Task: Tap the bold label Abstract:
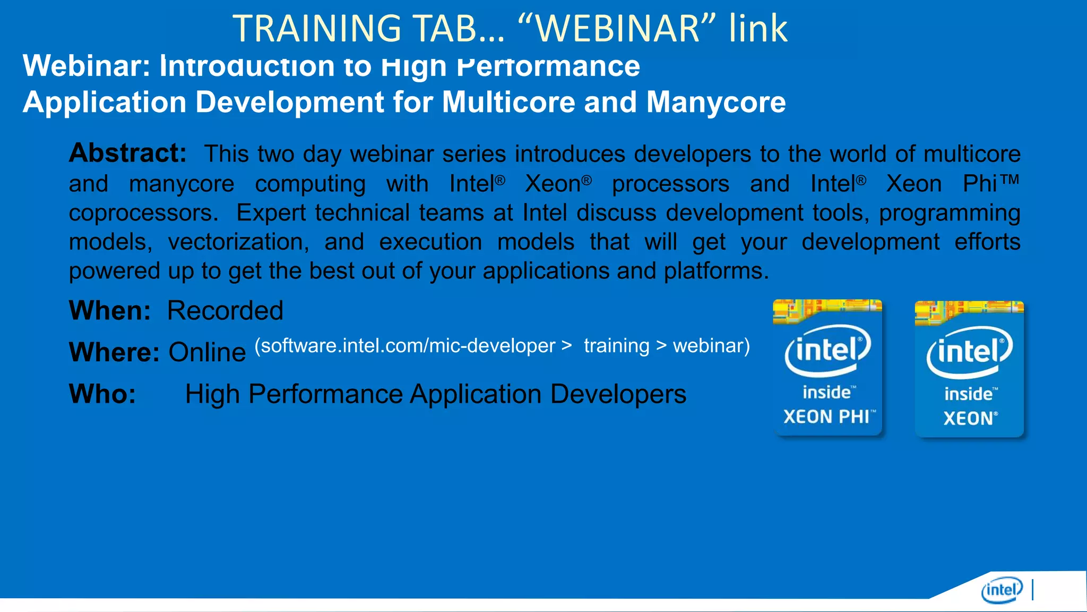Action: click(128, 154)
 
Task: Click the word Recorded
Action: click(225, 310)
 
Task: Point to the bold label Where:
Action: click(114, 352)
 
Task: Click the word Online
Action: click(207, 352)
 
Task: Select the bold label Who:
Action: click(102, 394)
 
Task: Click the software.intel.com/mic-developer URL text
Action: click(405, 346)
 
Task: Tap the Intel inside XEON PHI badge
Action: click(827, 368)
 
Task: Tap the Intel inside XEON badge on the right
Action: click(969, 369)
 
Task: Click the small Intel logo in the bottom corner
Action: click(1002, 590)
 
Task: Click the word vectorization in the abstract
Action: click(238, 242)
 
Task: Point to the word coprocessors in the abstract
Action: click(143, 213)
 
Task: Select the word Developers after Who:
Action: click(618, 394)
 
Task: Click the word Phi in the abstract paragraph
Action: click(980, 184)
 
